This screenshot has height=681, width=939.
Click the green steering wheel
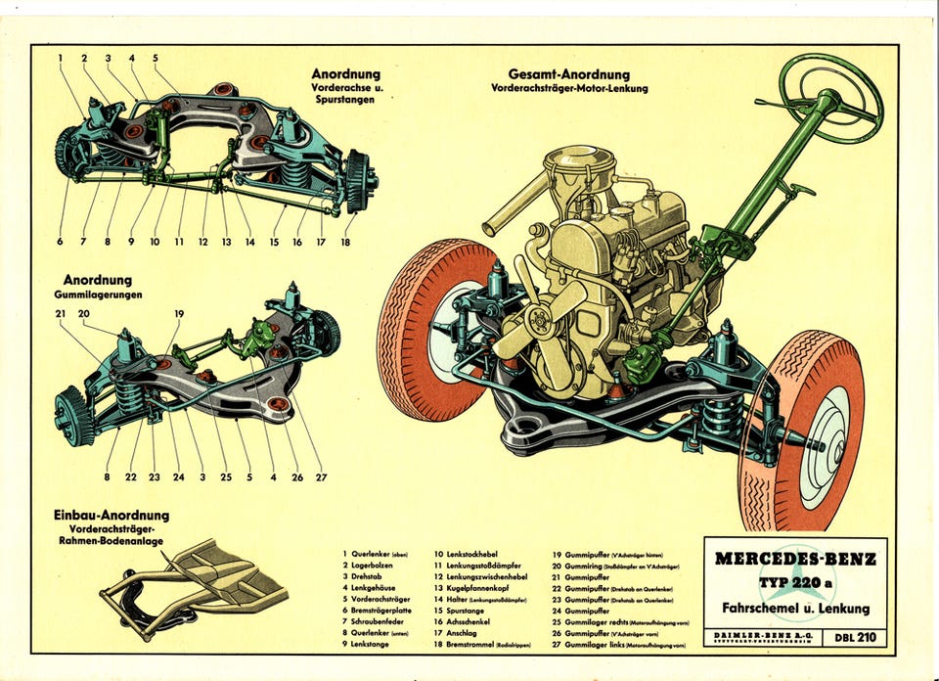pos(832,95)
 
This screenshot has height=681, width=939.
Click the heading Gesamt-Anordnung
pos(568,74)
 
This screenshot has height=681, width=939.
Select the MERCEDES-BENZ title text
pos(795,560)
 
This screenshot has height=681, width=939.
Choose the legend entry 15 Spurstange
pos(459,610)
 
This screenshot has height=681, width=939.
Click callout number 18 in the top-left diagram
pos(345,242)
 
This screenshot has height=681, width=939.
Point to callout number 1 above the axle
pos(60,58)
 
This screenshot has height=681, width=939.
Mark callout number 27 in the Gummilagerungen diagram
pos(321,477)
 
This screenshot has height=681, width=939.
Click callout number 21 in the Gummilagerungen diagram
pos(61,313)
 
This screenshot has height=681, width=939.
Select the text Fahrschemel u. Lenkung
pos(795,609)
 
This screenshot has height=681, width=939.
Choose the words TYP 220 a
pos(796,584)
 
